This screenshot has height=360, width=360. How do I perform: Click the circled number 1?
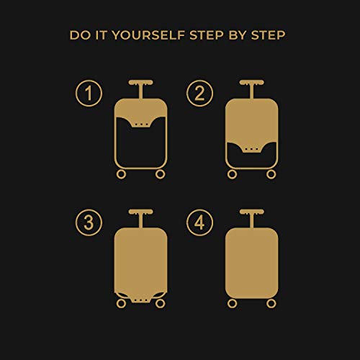pyautogui.click(x=89, y=93)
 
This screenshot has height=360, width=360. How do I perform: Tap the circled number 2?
pyautogui.click(x=199, y=93)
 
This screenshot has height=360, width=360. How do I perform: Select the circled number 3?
pyautogui.click(x=89, y=222)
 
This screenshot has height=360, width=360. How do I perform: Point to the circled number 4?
pyautogui.click(x=199, y=222)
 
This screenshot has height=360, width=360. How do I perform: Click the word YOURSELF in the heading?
pyautogui.click(x=148, y=35)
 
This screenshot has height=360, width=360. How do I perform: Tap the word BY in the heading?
pyautogui.click(x=238, y=35)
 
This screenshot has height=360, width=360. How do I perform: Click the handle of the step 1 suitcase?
pyautogui.click(x=140, y=89)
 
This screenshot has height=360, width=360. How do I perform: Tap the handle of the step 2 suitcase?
pyautogui.click(x=252, y=89)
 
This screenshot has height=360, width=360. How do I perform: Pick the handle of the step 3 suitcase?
pyautogui.click(x=140, y=218)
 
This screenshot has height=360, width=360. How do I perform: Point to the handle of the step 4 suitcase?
pyautogui.click(x=252, y=218)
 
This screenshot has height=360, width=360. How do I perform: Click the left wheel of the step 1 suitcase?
pyautogui.click(x=121, y=174)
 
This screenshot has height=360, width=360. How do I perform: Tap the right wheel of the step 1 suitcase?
pyautogui.click(x=160, y=174)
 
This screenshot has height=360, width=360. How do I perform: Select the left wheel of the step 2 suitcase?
pyautogui.click(x=232, y=174)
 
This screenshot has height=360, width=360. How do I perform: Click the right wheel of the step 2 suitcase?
pyautogui.click(x=271, y=174)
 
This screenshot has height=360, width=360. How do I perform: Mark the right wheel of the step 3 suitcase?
pyautogui.click(x=160, y=304)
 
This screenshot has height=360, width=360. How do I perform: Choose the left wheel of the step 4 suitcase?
pyautogui.click(x=232, y=304)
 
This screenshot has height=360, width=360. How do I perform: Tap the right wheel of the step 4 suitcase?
pyautogui.click(x=271, y=304)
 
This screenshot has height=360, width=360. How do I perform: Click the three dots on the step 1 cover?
pyautogui.click(x=141, y=125)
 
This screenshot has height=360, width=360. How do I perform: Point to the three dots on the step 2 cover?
pyautogui.click(x=252, y=149)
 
